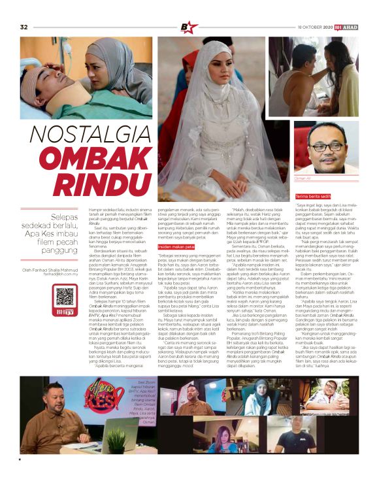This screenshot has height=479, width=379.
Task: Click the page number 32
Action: click(x=24, y=27)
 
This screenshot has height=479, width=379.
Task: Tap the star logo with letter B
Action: click(x=189, y=27)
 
